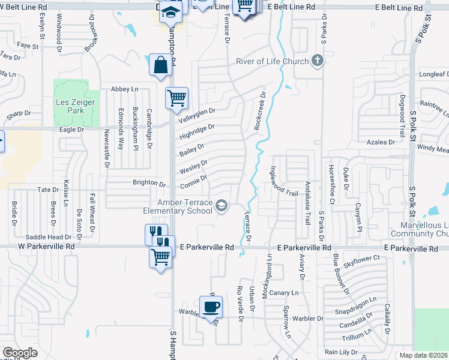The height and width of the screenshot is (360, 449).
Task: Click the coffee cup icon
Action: (211, 308)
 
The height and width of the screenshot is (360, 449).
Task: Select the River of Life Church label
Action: (272, 61)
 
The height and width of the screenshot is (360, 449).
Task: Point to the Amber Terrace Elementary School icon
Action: (221, 206)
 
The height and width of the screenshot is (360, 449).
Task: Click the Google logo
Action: (20, 352)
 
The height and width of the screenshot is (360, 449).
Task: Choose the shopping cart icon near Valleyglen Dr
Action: (176, 97)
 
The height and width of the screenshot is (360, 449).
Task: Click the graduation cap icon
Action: (170, 11)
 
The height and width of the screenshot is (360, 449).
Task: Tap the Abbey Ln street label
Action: (124, 89)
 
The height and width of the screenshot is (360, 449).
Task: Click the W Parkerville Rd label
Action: (46, 246)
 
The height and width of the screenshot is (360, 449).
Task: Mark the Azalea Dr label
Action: (382, 142)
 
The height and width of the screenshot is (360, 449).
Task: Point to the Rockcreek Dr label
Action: (259, 112)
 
